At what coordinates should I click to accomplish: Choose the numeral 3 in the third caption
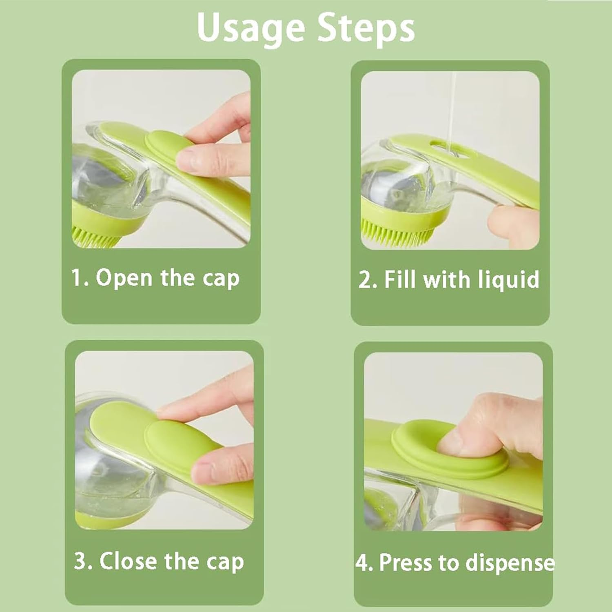(x=81, y=561)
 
